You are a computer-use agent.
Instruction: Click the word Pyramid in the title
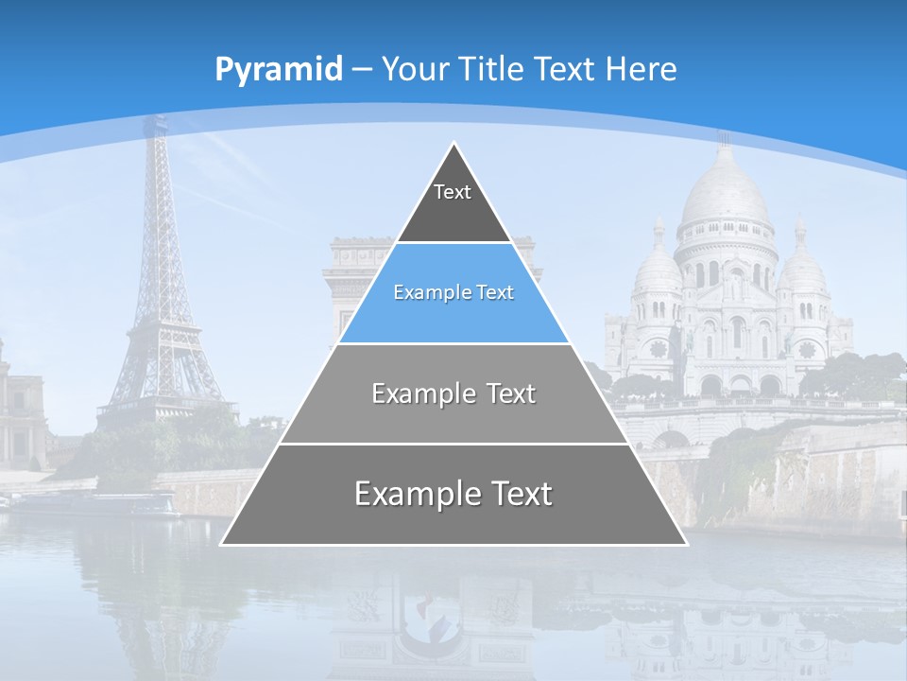278,70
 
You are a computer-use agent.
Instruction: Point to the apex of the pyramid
454,145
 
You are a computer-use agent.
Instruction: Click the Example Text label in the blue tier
453,292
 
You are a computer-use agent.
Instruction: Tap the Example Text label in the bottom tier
453,494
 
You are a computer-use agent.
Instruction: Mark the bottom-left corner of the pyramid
222,544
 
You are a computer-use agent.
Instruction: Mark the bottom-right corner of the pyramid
686,544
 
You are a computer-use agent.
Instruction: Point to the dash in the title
362,70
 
